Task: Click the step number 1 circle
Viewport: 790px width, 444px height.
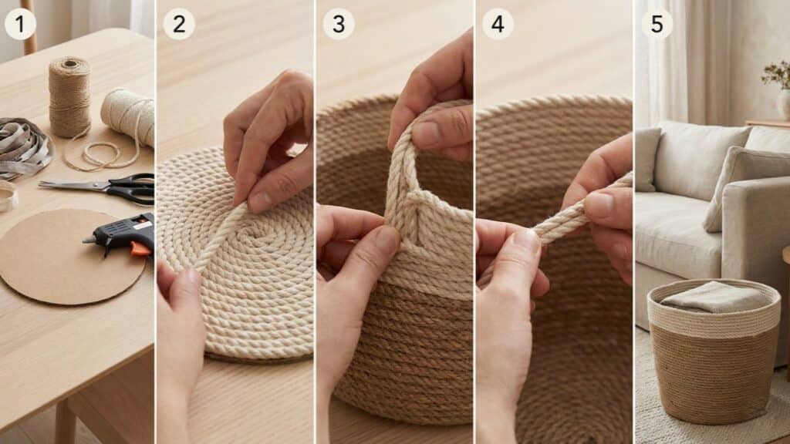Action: (20, 24)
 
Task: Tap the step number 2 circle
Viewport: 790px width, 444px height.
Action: (179, 24)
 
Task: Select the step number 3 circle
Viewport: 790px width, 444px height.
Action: (339, 24)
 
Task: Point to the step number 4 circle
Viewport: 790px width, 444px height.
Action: (498, 24)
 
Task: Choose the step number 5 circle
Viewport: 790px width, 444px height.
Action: (657, 24)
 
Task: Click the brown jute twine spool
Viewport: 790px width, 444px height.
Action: (69, 96)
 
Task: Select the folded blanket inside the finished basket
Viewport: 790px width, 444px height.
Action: (715, 297)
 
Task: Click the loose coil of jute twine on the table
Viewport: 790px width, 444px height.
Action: (101, 153)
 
